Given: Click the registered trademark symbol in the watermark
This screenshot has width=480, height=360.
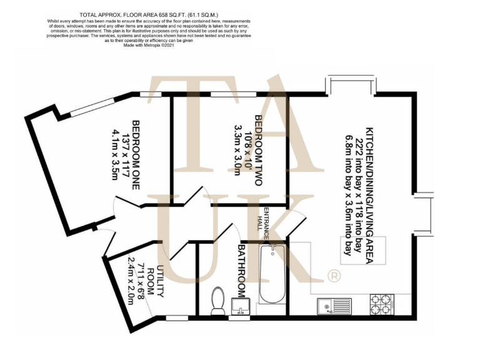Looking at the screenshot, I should [334, 275].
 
